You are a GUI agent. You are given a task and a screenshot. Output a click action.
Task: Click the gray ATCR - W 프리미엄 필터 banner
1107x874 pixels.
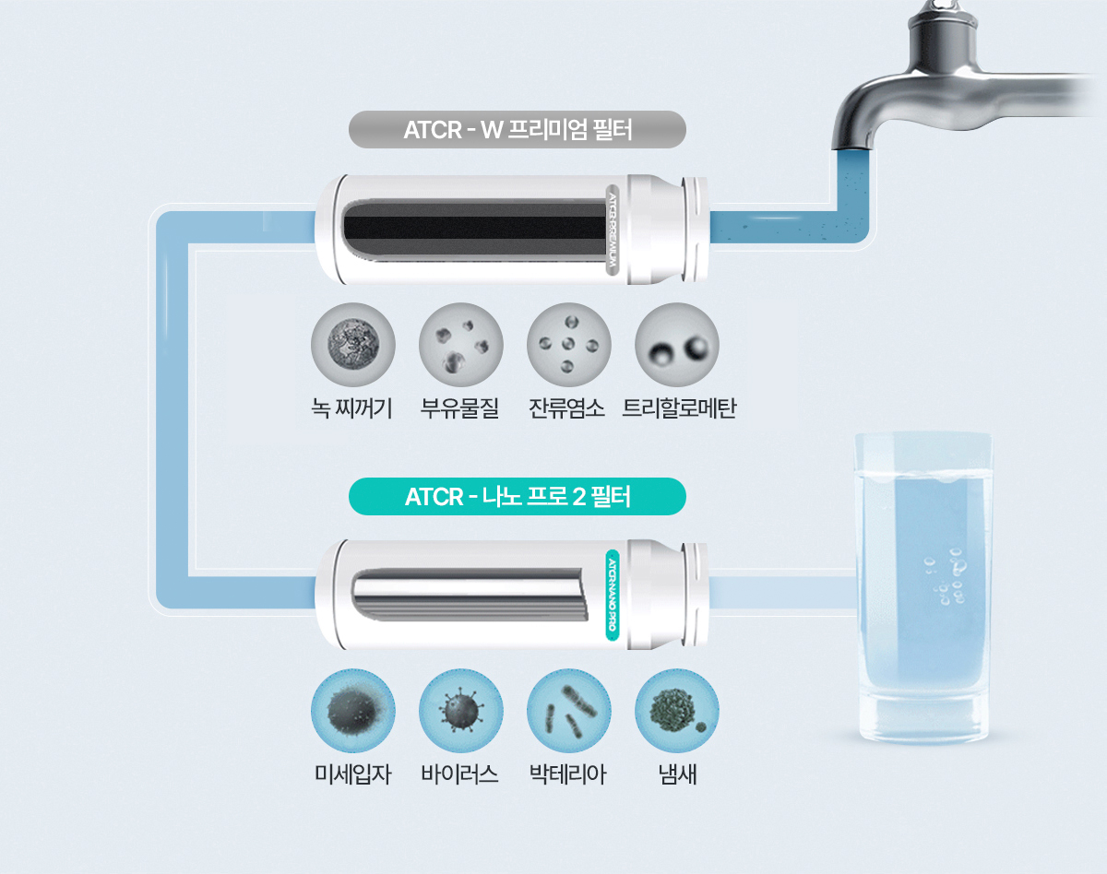point(517,130)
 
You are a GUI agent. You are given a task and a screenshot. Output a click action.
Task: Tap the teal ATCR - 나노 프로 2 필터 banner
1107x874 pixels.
point(517,497)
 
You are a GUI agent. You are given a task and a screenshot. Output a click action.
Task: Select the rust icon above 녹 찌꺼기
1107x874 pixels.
point(353,345)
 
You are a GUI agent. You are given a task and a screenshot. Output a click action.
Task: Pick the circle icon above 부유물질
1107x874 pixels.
point(461,345)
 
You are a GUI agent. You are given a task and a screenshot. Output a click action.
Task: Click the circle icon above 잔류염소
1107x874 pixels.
point(569,345)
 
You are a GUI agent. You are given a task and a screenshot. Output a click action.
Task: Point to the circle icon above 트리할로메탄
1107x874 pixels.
point(677,345)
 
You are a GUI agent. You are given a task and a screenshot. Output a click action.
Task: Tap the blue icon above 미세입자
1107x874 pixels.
point(353,711)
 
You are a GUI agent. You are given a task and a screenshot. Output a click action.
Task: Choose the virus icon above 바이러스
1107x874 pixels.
point(461,711)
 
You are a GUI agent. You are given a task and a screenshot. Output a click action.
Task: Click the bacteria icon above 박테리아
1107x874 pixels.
point(569,711)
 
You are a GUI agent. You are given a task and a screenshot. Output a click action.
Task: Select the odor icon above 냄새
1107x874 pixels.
point(677,711)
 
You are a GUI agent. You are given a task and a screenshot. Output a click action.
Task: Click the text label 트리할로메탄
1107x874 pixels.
point(679,408)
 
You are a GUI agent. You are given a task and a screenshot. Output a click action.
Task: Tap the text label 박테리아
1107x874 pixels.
point(568,774)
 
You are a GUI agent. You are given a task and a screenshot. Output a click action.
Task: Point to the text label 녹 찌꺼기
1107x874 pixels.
point(351,408)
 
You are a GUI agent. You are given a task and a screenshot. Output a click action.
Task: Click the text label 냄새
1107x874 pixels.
point(677,774)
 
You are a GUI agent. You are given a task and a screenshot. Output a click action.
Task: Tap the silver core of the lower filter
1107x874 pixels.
point(470,595)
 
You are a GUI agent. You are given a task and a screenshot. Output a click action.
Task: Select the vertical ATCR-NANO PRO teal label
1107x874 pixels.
point(613,595)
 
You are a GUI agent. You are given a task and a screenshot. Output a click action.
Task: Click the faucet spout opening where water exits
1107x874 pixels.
point(852,149)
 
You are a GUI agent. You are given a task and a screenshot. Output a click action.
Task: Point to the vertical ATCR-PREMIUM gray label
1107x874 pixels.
point(613,230)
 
